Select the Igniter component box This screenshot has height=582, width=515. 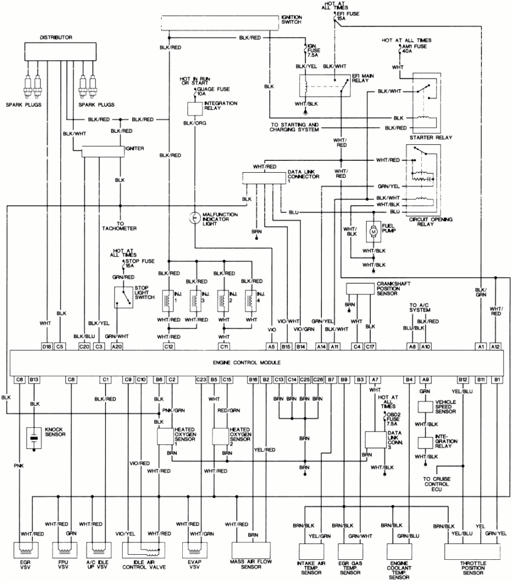102,151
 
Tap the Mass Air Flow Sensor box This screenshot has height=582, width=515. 254,552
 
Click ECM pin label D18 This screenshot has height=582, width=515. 47,346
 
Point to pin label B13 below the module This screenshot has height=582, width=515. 35,379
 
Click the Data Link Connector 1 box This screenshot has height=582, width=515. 265,177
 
